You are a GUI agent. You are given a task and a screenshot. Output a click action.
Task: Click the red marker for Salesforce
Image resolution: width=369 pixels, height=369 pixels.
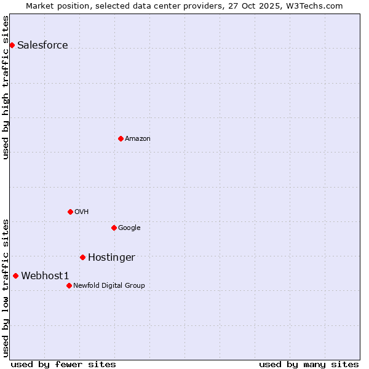pos(12,45)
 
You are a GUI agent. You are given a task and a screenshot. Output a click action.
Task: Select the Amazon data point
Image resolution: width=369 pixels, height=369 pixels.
pos(121,138)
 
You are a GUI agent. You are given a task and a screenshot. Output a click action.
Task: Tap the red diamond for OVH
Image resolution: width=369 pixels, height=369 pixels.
pos(70,212)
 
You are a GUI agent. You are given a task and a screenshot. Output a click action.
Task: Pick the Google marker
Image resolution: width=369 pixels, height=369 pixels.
pos(114,228)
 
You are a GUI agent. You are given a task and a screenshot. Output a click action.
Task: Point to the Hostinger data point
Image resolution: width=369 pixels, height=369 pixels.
pos(82,257)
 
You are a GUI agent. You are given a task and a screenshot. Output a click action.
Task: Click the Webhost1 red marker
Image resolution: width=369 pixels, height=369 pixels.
pos(15,276)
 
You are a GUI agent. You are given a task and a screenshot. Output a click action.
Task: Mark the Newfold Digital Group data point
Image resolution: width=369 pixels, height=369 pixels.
pos(69,285)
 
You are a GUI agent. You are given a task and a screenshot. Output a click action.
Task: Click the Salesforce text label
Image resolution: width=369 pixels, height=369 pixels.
pos(42,45)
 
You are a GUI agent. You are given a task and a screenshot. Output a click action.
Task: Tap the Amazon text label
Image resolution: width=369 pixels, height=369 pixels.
pos(138,139)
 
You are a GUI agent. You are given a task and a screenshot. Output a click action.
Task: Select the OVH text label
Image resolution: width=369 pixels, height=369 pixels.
pos(82,212)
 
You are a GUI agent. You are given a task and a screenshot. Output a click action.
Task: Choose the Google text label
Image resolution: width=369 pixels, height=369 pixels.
pos(129,228)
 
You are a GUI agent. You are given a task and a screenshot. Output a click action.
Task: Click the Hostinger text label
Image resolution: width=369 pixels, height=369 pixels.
pos(111,258)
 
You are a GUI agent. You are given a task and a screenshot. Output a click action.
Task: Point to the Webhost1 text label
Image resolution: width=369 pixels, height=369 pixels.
pos(45,276)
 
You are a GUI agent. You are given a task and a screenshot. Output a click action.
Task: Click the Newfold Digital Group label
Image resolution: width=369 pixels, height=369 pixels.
pos(109,286)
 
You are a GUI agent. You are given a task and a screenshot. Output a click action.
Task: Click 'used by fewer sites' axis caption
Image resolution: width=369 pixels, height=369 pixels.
pos(63,364)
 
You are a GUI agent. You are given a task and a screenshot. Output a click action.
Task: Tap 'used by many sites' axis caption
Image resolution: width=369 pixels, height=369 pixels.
pos(309,364)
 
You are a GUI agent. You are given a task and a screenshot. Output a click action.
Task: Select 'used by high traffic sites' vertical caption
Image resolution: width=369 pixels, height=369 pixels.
pos(6,87)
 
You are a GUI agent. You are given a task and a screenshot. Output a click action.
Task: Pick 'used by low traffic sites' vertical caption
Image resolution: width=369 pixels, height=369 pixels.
pos(6,288)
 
